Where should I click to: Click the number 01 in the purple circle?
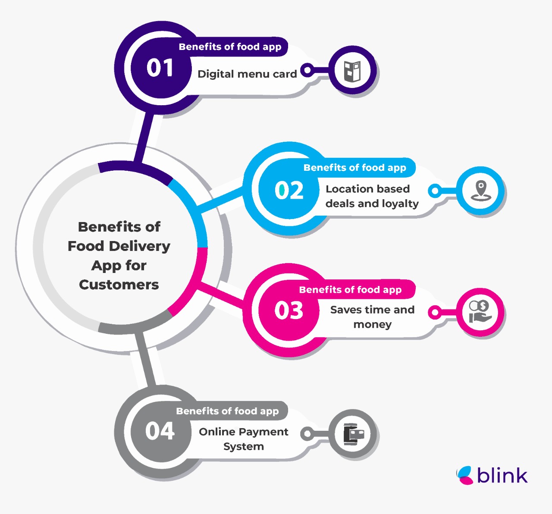point(160,68)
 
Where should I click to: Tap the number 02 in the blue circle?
point(289,190)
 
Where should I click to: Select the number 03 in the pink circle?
point(289,310)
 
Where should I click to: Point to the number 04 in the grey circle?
point(160,431)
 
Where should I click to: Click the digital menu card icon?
point(352,71)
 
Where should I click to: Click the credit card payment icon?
point(353,433)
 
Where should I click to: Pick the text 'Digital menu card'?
point(247,74)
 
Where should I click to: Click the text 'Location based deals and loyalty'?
point(372,196)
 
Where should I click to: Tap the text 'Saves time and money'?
point(372,317)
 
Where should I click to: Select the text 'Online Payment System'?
point(244,439)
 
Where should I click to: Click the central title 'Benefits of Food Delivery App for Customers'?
point(119,255)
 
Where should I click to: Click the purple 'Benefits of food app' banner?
point(230,47)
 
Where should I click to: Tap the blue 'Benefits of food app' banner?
point(354,168)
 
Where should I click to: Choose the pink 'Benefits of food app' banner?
point(350,290)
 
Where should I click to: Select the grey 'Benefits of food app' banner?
point(227,411)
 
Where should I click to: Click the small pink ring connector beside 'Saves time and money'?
point(436,312)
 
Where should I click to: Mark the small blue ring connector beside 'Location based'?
point(435,191)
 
